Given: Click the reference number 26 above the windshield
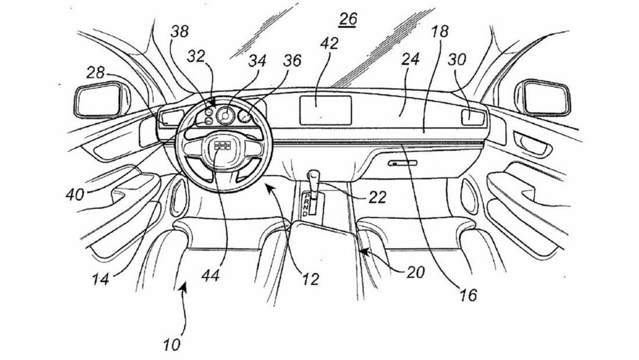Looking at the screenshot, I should [x=347, y=20].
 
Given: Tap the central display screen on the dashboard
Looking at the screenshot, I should [x=324, y=109].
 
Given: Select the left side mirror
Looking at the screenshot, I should [x=98, y=101].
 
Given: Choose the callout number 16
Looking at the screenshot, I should [x=469, y=296].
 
